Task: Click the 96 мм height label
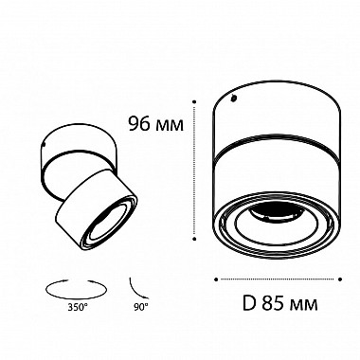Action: (155, 123)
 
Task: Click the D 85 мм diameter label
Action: (280, 303)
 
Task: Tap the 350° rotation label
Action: (77, 307)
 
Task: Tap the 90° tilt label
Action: (139, 307)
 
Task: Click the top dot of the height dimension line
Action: (194, 101)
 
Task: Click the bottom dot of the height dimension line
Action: (195, 239)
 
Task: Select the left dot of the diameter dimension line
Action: (216, 279)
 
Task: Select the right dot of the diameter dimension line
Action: (340, 279)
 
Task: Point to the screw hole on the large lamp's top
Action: (233, 99)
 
